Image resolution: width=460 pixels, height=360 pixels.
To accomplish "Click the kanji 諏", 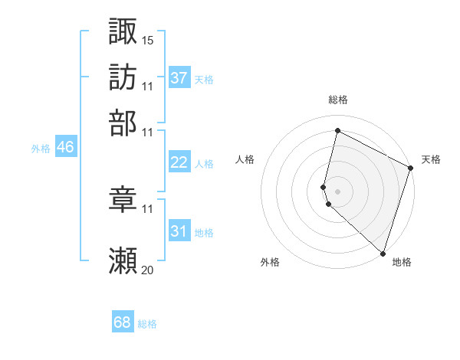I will point(123,31).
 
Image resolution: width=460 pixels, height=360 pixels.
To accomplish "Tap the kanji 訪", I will point(123,77).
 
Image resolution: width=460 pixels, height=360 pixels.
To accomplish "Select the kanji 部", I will point(123,122).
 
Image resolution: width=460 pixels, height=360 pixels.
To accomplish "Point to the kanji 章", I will point(123,198).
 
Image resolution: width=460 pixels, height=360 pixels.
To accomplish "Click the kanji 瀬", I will point(123,261).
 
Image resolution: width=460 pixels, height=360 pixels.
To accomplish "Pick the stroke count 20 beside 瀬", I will point(148,270).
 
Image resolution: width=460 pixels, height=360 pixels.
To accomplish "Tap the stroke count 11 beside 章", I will point(148,208).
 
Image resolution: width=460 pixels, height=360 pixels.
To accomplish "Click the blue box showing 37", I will point(179,78).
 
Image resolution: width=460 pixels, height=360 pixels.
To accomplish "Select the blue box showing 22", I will point(179,162).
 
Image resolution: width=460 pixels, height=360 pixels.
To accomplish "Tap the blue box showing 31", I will point(179,231).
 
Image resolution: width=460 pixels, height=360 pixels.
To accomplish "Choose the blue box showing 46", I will point(65,148).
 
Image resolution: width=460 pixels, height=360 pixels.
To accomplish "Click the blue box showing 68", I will point(123,323).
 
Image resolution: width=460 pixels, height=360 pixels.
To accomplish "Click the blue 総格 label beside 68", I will point(148,324).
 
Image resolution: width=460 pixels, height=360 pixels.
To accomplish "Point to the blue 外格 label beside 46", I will point(41,149).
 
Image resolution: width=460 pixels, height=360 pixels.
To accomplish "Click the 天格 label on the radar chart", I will point(431,159).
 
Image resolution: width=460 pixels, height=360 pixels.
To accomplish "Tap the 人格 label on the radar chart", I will point(245,159).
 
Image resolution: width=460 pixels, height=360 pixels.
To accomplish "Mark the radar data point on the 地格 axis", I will point(383,253).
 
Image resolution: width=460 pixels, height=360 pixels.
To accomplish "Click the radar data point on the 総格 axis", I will point(337,131).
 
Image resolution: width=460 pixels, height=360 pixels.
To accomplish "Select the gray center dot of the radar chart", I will point(337,190).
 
